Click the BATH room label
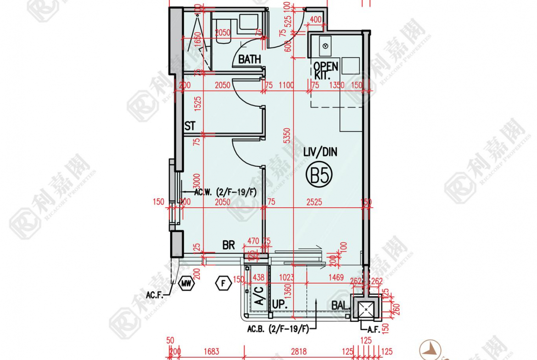pyautogui.click(x=249, y=59)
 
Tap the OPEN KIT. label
pyautogui.click(x=325, y=70)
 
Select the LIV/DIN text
pyautogui.click(x=320, y=152)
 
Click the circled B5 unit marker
pyautogui.click(x=319, y=175)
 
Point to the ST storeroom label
pyautogui.click(x=190, y=126)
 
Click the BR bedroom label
pyautogui.click(x=229, y=245)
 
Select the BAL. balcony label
pyautogui.click(x=341, y=305)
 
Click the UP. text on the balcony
pyautogui.click(x=280, y=304)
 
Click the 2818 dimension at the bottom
pyautogui.click(x=298, y=352)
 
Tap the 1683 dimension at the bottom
pyautogui.click(x=211, y=352)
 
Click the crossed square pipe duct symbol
pyautogui.click(x=365, y=310)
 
